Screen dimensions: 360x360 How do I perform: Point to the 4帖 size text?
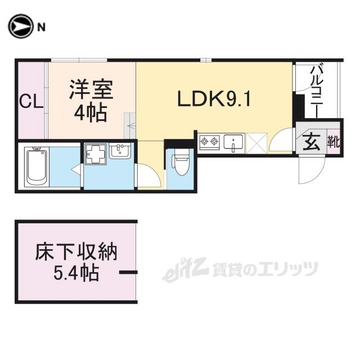[x=91, y=112]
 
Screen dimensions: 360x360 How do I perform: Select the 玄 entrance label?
[x=313, y=141]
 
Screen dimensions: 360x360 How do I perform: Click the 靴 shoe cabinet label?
[x=334, y=141]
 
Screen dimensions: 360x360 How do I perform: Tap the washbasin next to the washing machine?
[x=120, y=151]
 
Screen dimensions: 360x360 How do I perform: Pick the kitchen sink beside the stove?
[x=234, y=142]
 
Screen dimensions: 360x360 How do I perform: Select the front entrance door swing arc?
[x=312, y=169]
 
